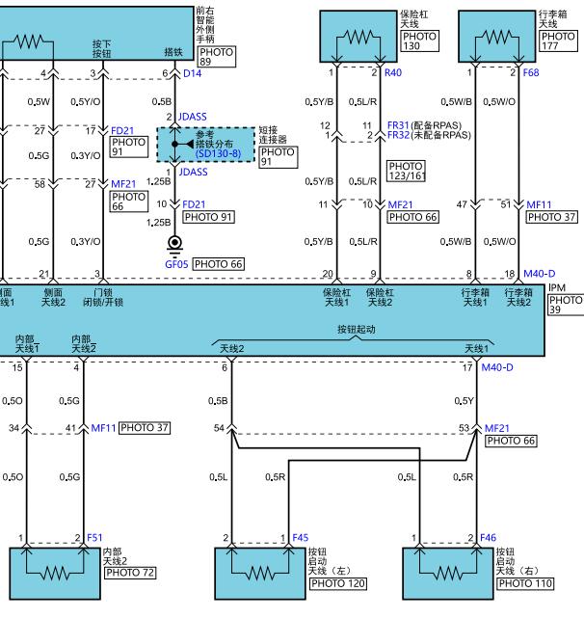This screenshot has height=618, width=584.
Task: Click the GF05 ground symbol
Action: coord(174,243)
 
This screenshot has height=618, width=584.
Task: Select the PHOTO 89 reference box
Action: coord(216,57)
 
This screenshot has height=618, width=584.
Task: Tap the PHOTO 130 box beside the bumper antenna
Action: coord(420,41)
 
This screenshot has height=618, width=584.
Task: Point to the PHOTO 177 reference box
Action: coord(558,41)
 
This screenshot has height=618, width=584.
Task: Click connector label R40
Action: coord(393,72)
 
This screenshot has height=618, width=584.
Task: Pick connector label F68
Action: coord(531,72)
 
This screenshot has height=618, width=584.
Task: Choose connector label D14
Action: coord(193,73)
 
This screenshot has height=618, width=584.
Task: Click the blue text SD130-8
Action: coord(219,153)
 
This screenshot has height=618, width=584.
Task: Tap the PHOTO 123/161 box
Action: coord(406,171)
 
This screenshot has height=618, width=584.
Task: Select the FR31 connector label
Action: coord(398,125)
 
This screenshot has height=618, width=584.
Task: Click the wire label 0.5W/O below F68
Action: coord(499,101)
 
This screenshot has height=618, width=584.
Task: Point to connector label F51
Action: coord(94,538)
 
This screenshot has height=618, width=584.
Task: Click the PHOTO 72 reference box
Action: coord(130,573)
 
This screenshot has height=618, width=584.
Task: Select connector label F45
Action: coord(301,538)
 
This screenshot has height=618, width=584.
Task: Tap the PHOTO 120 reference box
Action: coord(338,583)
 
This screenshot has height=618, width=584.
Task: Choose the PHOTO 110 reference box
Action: coord(525,583)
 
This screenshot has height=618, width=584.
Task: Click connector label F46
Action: coord(488,538)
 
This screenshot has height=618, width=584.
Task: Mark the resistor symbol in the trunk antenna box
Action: coord(497,38)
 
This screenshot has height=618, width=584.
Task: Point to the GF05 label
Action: coord(176,264)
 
